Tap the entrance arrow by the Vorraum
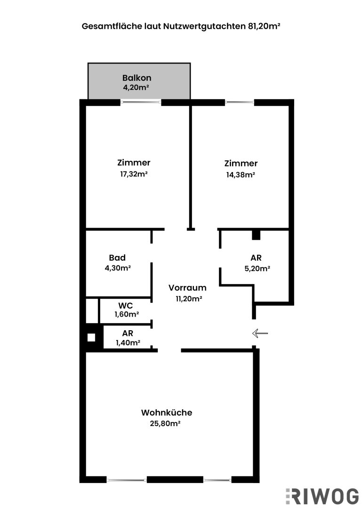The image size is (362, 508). click(260, 333)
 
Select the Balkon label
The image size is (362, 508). click(137, 78)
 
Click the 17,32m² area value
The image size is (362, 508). click(134, 174)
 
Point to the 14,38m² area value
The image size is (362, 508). click(241, 175)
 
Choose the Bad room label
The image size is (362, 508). click(117, 258)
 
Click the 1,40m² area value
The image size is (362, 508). click(128, 343)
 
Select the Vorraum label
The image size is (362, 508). click(187, 288)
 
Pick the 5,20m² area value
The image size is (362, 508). click(256, 269)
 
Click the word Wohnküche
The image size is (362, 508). click(167, 413)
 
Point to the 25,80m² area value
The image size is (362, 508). click(167, 423)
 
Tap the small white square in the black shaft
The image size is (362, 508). click(91, 337)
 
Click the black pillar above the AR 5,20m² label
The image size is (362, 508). click(256, 234)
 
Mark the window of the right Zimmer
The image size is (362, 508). click(240, 102)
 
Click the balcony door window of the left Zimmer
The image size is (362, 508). click(141, 102)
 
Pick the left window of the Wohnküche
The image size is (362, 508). click(127, 480)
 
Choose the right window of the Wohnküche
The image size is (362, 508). click(217, 480)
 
